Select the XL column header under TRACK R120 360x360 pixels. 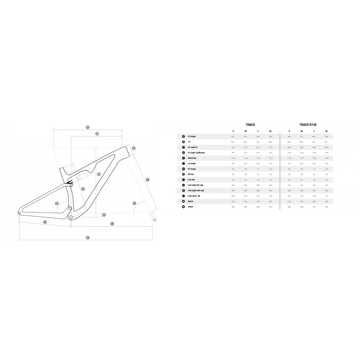327,130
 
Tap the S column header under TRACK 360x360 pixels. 233,130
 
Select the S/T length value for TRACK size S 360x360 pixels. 233,136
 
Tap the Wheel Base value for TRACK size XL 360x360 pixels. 270,158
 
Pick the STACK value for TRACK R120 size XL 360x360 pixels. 327,207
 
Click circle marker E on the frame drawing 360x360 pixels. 87,237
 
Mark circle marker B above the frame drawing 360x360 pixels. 88,127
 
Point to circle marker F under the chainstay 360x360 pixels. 45,223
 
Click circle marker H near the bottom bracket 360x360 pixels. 103,215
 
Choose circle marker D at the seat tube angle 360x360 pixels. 57,203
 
